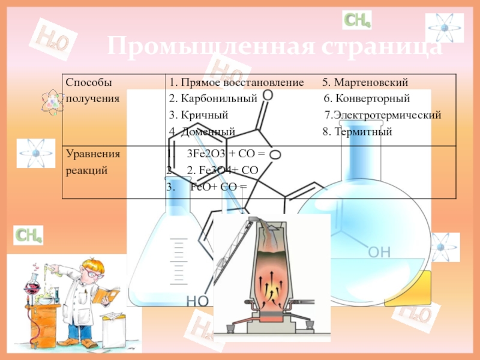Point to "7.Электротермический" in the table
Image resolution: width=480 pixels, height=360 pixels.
pyautogui.click(x=383, y=115)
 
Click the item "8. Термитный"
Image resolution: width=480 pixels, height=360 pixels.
pyautogui.click(x=357, y=132)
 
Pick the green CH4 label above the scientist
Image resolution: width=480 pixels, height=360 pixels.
pyautogui.click(x=28, y=235)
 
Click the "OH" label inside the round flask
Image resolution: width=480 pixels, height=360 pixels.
pyautogui.click(x=379, y=252)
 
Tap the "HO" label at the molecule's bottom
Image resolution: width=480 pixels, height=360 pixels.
pyautogui.click(x=197, y=301)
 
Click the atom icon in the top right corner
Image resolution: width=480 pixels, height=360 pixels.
pyautogui.click(x=444, y=28)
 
